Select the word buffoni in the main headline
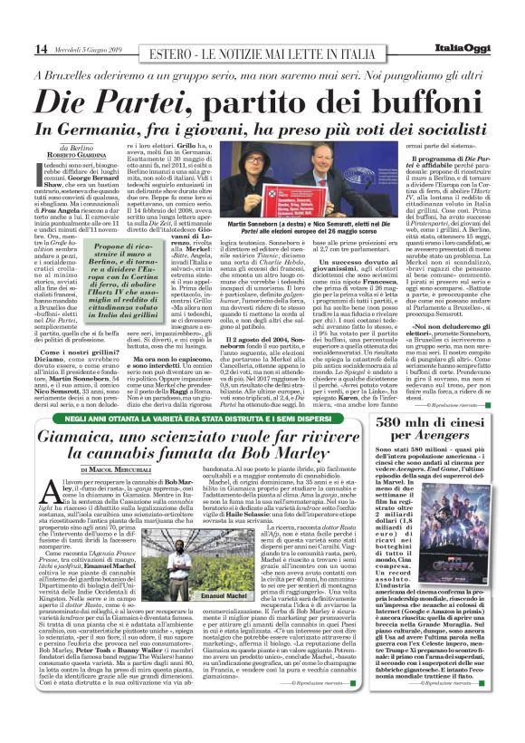click(397, 102)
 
